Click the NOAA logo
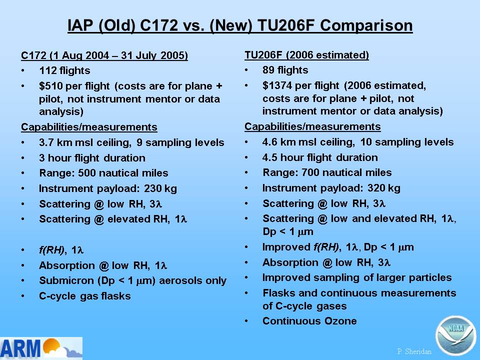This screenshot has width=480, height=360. [455, 336]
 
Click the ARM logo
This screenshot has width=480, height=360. [41, 348]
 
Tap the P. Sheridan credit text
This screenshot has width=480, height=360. [414, 351]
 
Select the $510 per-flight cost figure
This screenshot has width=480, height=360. [50, 86]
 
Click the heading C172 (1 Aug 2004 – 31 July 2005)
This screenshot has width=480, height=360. [104, 55]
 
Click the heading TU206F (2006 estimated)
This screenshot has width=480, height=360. [306, 55]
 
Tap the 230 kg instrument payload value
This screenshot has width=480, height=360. [160, 188]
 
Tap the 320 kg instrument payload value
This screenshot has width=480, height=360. [384, 188]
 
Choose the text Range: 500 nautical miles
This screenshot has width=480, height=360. [104, 173]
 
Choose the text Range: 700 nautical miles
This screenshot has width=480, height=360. [327, 172]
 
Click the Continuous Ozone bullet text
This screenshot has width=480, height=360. [309, 321]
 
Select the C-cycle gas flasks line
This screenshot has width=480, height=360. [85, 296]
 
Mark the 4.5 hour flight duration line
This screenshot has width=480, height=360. [320, 157]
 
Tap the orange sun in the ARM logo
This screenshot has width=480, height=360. [51, 345]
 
